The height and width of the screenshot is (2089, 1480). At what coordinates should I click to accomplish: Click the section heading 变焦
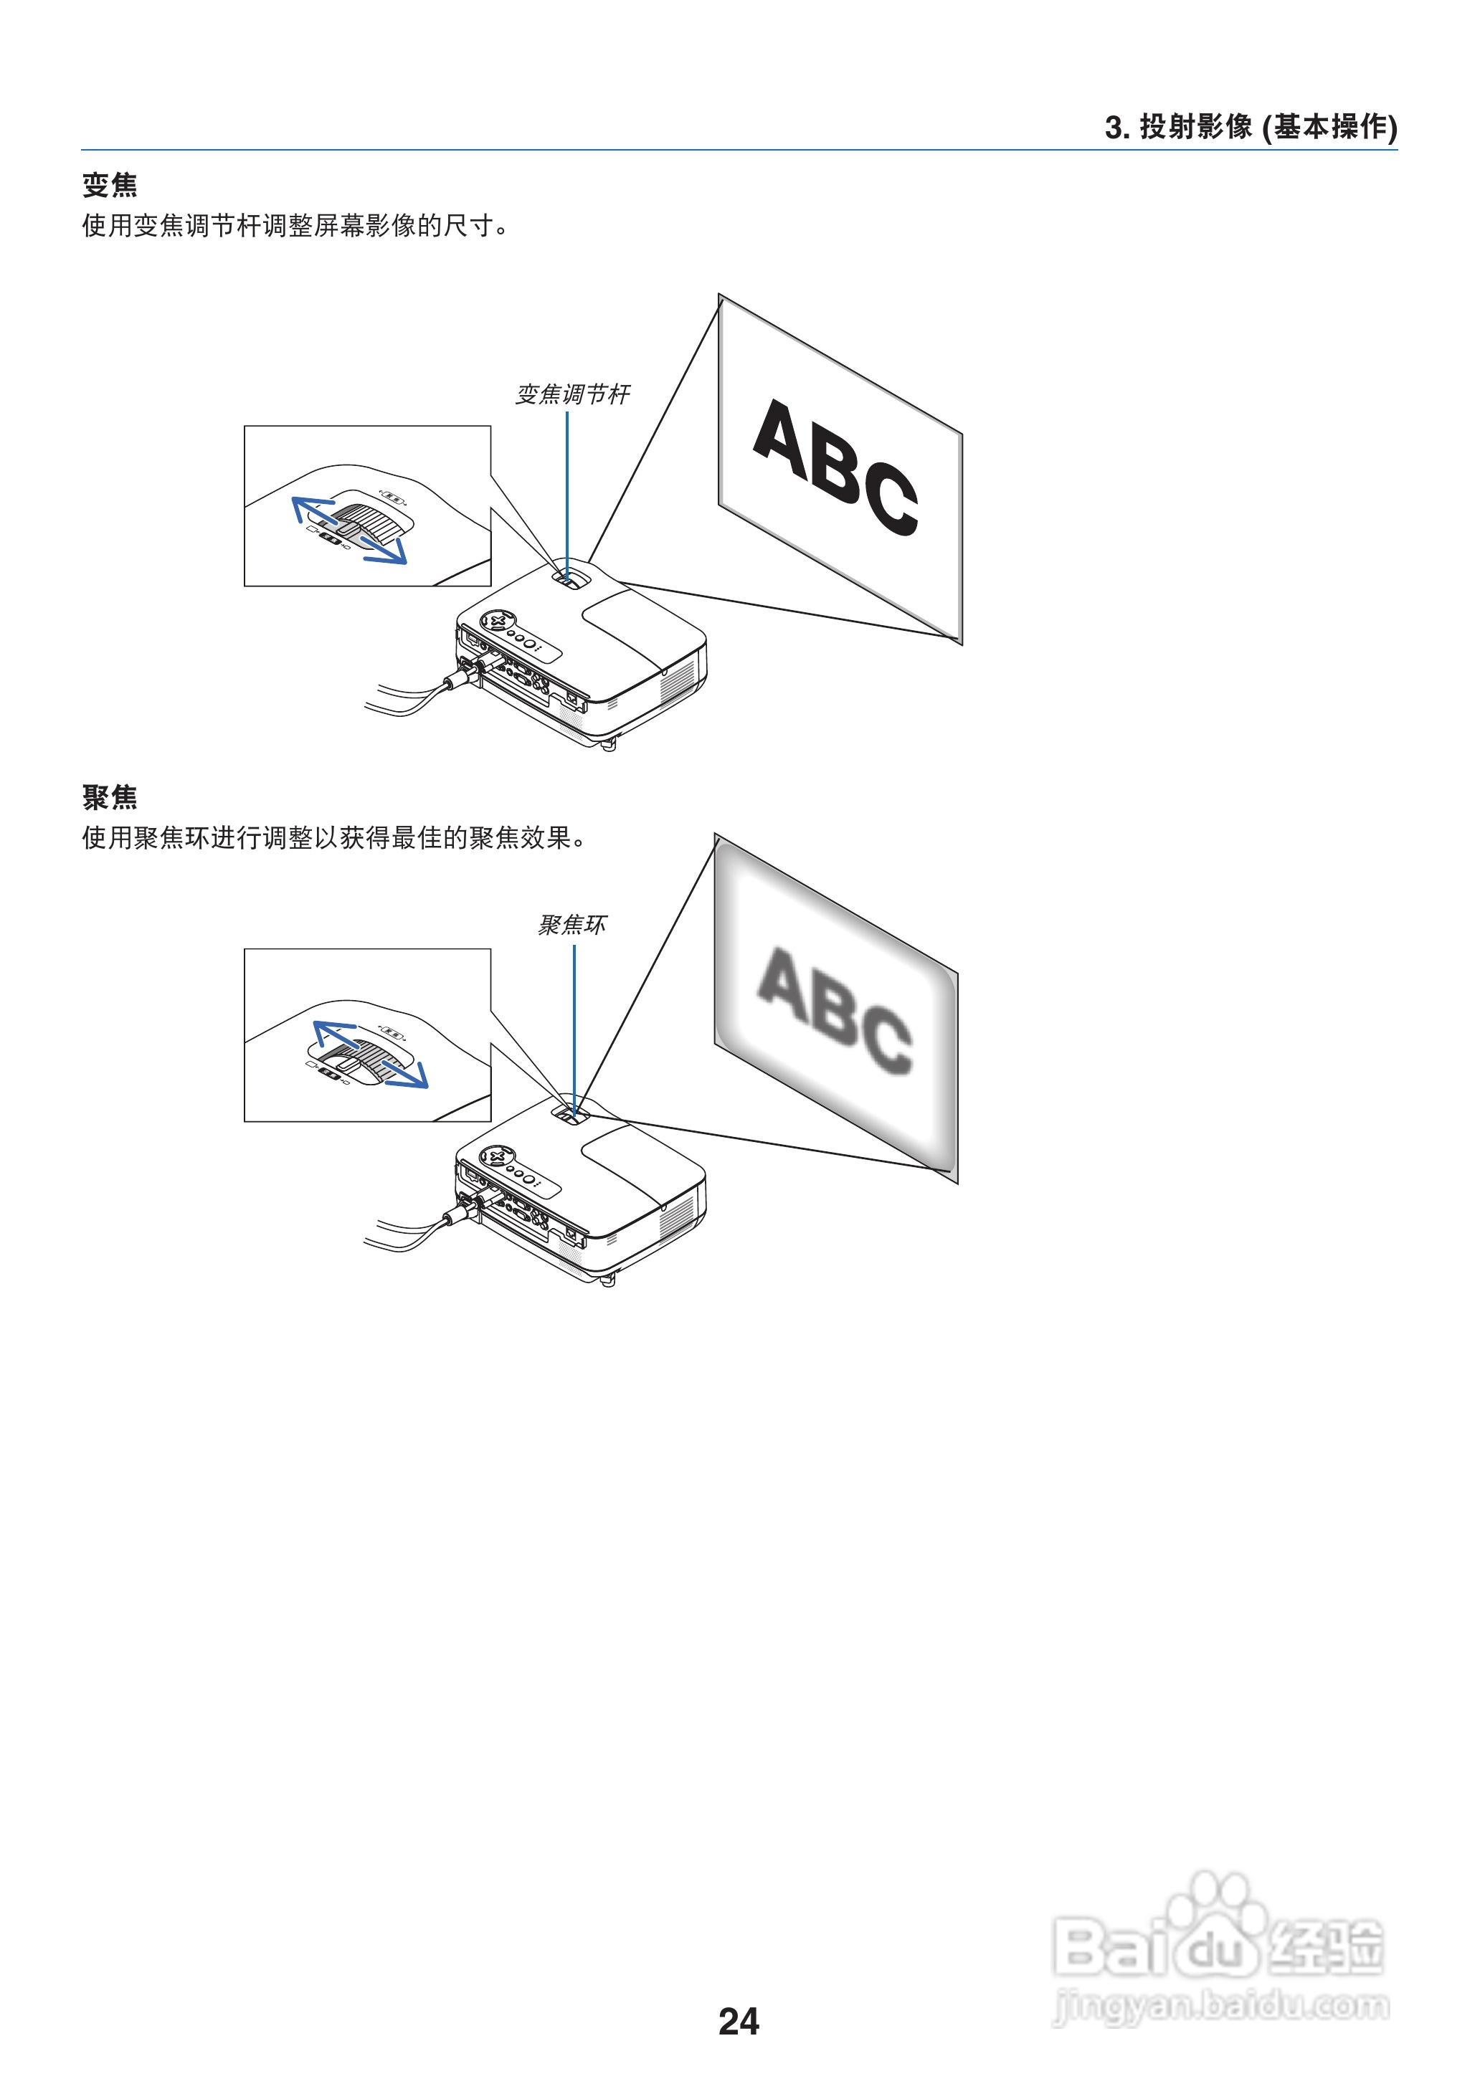click(x=110, y=185)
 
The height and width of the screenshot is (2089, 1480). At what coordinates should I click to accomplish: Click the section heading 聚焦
click(x=110, y=797)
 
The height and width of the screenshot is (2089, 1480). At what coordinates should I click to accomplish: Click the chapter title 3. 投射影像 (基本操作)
click(x=1251, y=127)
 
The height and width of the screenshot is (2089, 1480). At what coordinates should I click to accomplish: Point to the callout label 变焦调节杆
click(x=572, y=394)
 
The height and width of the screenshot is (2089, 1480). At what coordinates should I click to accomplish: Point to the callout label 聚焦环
click(x=572, y=925)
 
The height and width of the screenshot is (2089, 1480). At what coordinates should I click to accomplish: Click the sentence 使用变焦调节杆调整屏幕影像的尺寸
click(x=295, y=225)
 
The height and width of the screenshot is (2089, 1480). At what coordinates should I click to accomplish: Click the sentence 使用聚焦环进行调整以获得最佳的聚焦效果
click(x=333, y=837)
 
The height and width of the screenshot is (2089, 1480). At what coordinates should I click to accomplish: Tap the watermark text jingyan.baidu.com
click(x=1221, y=2005)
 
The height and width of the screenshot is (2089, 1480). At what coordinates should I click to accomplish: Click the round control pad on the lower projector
click(x=498, y=1157)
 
